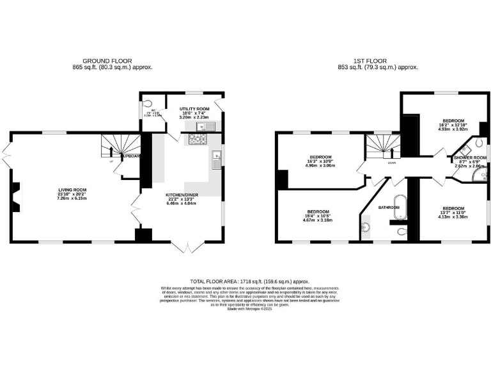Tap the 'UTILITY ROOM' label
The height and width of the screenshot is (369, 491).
[x=194, y=110]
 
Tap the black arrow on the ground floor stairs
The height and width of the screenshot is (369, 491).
[x=111, y=152]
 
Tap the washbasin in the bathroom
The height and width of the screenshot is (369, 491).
[x=366, y=227]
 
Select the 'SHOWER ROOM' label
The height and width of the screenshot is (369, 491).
[x=470, y=157]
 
